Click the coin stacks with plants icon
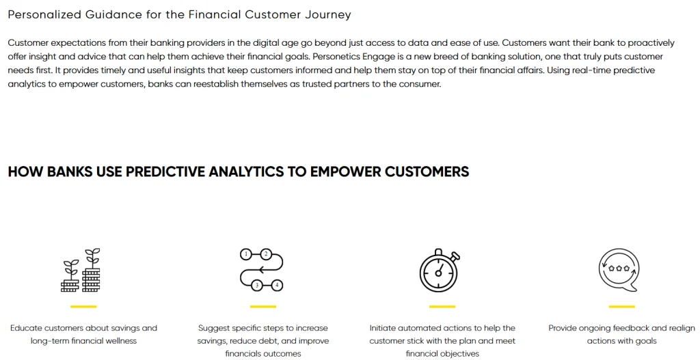(x=81, y=271)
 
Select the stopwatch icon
(x=440, y=271)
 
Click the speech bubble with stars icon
(x=618, y=270)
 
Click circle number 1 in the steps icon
(x=246, y=254)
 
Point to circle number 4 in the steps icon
(x=278, y=285)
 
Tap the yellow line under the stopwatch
(x=442, y=307)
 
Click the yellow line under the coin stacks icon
(x=83, y=307)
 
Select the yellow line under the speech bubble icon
(x=621, y=307)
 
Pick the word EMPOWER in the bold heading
(x=345, y=171)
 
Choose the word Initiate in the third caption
(x=382, y=328)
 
